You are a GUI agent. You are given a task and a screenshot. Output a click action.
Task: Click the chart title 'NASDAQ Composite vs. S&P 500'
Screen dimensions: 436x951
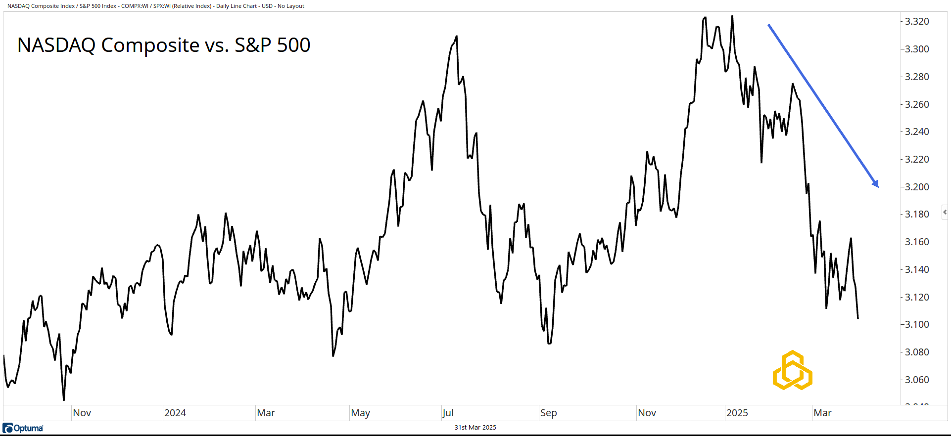164,45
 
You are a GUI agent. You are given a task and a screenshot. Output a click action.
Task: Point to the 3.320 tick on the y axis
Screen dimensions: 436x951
916,21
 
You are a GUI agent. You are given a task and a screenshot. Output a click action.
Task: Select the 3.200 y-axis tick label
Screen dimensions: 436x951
916,187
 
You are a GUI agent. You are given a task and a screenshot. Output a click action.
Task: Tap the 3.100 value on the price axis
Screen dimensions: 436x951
916,324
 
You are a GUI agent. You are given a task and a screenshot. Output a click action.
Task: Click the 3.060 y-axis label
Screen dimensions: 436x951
916,380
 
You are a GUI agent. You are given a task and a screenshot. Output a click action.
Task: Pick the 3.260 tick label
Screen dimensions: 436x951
916,104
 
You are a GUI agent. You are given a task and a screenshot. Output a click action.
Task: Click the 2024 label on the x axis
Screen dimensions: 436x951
175,413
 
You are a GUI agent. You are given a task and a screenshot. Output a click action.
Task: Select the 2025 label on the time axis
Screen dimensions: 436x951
737,413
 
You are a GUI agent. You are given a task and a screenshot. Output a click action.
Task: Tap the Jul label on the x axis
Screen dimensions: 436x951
448,413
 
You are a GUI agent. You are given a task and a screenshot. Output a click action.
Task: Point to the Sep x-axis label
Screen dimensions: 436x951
548,413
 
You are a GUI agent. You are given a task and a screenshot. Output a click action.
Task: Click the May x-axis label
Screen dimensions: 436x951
360,413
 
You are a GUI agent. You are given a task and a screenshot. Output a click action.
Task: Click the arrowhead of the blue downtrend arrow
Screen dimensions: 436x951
876,184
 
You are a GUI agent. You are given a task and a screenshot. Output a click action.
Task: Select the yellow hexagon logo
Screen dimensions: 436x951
792,370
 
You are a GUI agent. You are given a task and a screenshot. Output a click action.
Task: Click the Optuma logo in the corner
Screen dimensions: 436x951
23,428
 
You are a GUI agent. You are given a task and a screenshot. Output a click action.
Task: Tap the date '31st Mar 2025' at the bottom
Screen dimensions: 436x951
475,428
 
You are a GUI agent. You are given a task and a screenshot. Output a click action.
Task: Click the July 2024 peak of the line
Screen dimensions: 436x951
456,36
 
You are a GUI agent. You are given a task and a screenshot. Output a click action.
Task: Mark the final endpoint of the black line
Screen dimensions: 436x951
857,318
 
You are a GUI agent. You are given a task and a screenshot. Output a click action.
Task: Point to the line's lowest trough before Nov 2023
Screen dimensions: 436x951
64,400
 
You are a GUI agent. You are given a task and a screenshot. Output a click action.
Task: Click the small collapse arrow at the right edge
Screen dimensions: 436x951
945,212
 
